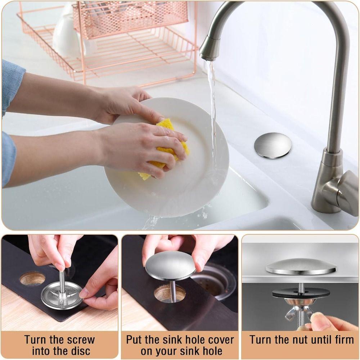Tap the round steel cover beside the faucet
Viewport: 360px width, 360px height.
273,145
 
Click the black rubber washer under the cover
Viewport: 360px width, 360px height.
301,293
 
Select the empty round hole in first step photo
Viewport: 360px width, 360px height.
32,278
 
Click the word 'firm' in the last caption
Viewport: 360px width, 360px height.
341,339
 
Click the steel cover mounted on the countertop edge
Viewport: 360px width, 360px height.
301,268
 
